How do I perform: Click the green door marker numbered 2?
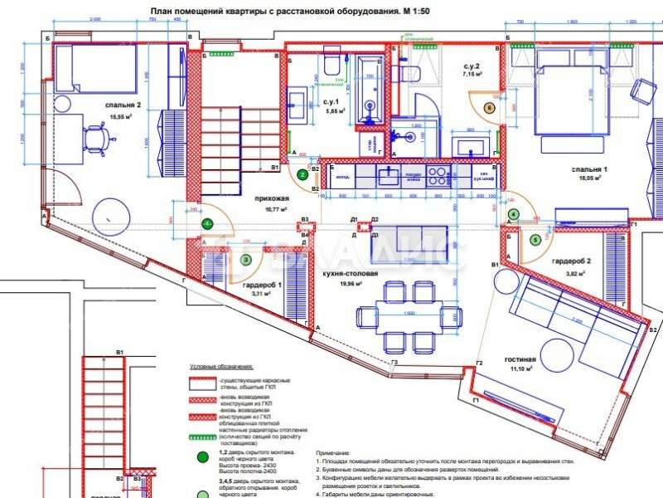coord(303,175)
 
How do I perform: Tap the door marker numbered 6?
coord(489,107)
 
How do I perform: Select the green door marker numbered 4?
coord(514,214)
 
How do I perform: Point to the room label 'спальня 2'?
coord(123,105)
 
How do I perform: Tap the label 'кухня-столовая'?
coord(350,273)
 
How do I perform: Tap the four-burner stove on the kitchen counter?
coord(437,176)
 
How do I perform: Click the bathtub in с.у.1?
coord(370,90)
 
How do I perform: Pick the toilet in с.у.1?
coord(331,66)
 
